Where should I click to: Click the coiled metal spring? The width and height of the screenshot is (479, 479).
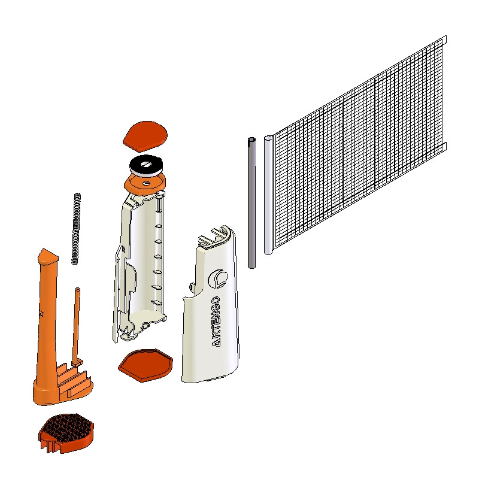pos(76,229)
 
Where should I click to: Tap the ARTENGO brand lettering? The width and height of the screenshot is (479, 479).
pos(216,322)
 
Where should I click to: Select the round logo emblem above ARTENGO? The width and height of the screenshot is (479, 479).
pos(218,279)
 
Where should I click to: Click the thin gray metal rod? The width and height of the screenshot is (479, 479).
pos(251,203)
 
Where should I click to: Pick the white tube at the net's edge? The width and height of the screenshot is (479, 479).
pos(268,195)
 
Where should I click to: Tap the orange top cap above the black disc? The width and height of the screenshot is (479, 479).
pos(145,136)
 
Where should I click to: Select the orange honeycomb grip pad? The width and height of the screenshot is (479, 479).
pos(66,433)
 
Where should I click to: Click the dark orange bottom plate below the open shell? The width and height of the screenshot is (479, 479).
pos(145,365)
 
